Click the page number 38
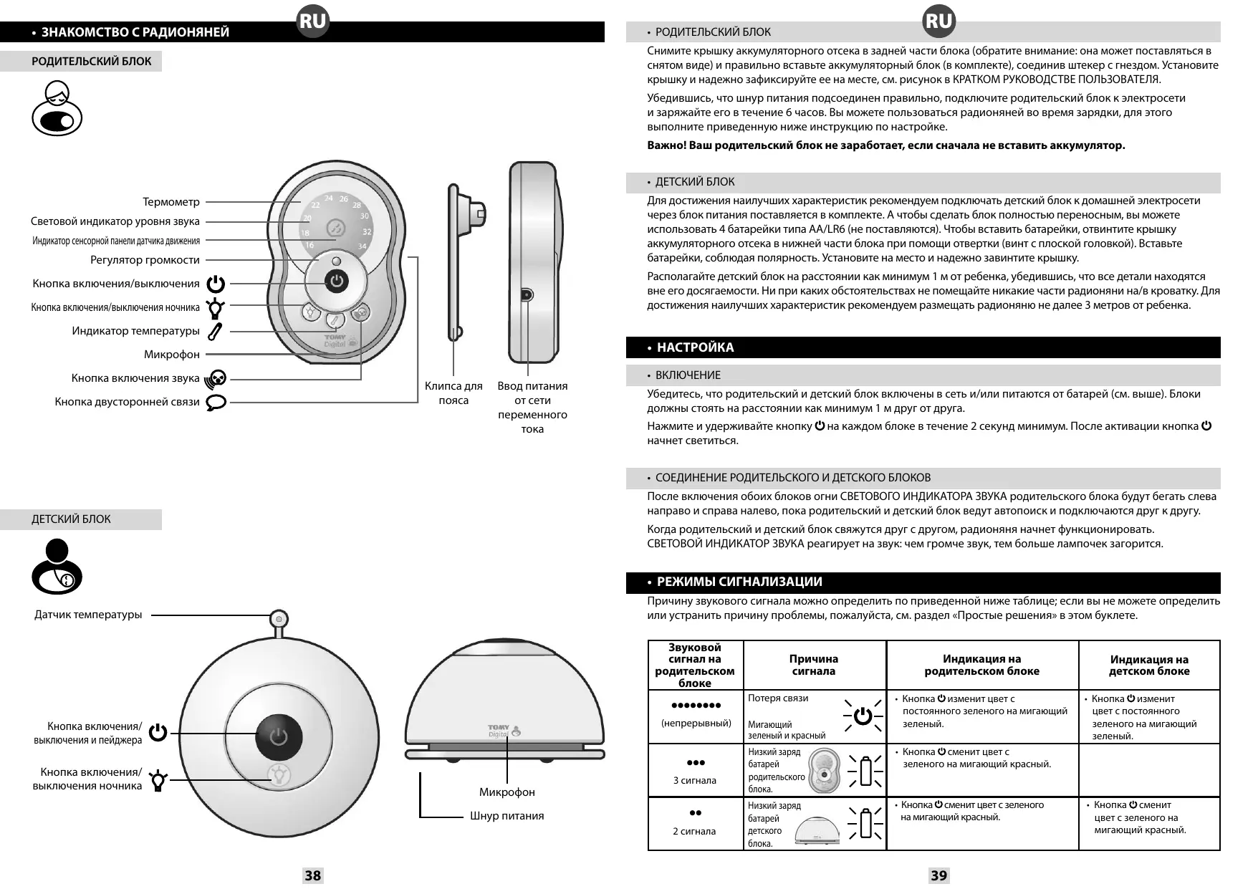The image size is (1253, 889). [313, 875]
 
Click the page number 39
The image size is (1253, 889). [938, 875]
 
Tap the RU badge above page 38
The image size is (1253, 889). [313, 21]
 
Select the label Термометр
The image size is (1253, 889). [171, 202]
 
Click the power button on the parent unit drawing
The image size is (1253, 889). [338, 282]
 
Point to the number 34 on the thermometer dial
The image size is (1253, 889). [362, 246]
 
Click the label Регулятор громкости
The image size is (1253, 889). [145, 260]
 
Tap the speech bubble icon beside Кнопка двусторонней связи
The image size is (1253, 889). [216, 402]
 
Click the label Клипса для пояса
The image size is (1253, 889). [453, 393]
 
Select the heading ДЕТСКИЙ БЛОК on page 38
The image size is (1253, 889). [71, 519]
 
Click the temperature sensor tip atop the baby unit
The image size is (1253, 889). [279, 618]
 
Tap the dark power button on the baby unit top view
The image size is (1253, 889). [279, 738]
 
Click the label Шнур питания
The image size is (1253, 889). [507, 816]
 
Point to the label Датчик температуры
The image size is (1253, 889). [88, 615]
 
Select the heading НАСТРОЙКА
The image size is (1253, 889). [695, 347]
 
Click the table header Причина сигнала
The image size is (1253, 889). [814, 665]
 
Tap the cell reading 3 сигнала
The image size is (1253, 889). [694, 780]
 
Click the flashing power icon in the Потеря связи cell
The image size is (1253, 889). [863, 715]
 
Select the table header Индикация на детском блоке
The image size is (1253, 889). [1149, 665]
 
